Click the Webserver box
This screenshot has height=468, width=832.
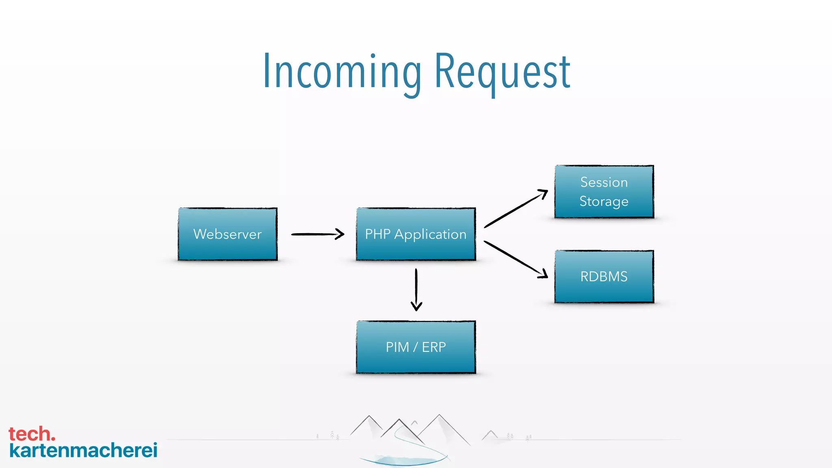tap(227, 234)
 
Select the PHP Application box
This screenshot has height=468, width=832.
tap(416, 234)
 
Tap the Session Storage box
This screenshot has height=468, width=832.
tap(604, 192)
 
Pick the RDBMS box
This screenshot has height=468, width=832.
tap(604, 277)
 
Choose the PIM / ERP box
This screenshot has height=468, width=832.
tap(416, 347)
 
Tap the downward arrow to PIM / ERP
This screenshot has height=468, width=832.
tap(416, 289)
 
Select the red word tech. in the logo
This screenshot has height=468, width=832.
tap(32, 434)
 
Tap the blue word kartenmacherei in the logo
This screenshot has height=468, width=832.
tap(83, 451)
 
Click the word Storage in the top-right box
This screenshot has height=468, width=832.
tap(604, 201)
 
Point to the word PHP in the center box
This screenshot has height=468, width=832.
tap(377, 234)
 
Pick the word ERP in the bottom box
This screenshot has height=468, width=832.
tap(434, 347)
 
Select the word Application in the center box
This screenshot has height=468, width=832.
tap(430, 234)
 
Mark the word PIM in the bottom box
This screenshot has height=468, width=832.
tap(397, 347)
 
